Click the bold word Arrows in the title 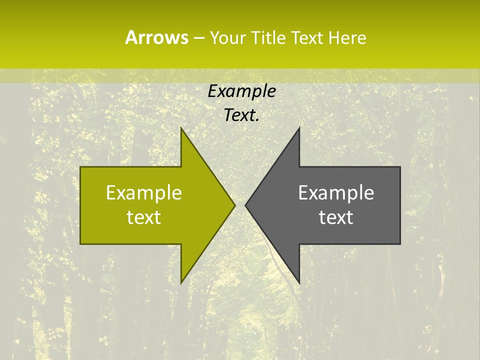pos(156,37)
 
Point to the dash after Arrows pos(198,38)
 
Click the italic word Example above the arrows pos(241,91)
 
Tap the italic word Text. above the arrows pos(241,115)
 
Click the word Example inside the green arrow pos(144,193)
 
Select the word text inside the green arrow pos(144,217)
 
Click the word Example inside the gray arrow pos(336,193)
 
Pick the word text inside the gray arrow pos(336,217)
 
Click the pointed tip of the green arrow pos(235,205)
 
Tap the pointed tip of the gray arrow pos(245,205)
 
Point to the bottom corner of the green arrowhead pos(181,283)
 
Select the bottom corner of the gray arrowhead pos(299,283)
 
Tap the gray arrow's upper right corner pos(400,167)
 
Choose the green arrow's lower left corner pos(81,243)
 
